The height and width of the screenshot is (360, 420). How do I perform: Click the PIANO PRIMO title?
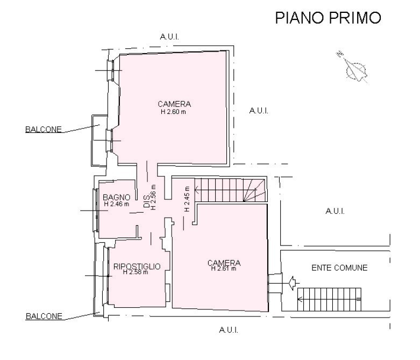[x=328, y=18]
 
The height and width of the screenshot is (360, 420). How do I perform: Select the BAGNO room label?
[x=117, y=198]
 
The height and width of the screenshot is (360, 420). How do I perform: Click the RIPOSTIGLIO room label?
[x=137, y=267]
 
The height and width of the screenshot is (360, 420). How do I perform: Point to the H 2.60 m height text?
[x=173, y=112]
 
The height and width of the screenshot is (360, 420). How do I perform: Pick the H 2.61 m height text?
[x=224, y=269]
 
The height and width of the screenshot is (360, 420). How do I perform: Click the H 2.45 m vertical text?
[x=187, y=199]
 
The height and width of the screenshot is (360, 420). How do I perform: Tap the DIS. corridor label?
[x=146, y=201]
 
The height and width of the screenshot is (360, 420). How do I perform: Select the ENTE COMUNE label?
[x=339, y=268]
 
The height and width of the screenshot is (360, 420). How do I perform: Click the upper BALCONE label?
[x=44, y=129]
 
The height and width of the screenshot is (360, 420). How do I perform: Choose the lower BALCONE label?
[x=44, y=316]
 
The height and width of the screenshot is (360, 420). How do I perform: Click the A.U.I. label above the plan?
[x=169, y=37]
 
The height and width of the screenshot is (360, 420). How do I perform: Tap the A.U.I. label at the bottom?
[x=229, y=330]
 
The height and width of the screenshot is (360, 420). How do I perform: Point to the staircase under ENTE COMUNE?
[x=329, y=299]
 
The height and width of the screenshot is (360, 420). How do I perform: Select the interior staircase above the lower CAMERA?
[x=230, y=190]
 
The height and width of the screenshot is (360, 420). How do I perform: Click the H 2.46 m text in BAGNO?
[x=117, y=204]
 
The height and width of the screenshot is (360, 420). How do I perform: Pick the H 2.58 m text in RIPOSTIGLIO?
[x=136, y=272]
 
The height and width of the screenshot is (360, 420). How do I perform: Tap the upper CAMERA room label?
[x=174, y=104]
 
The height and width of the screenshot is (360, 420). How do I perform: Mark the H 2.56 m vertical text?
[x=153, y=197]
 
